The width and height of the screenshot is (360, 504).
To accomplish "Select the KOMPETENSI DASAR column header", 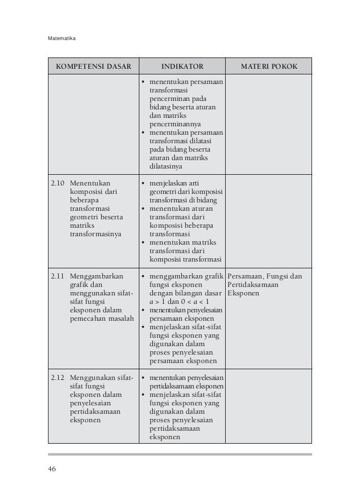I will (x=93, y=66).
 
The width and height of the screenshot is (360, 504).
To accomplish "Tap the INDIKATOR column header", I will (x=182, y=66).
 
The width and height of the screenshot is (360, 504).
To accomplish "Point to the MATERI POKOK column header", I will (x=269, y=66).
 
